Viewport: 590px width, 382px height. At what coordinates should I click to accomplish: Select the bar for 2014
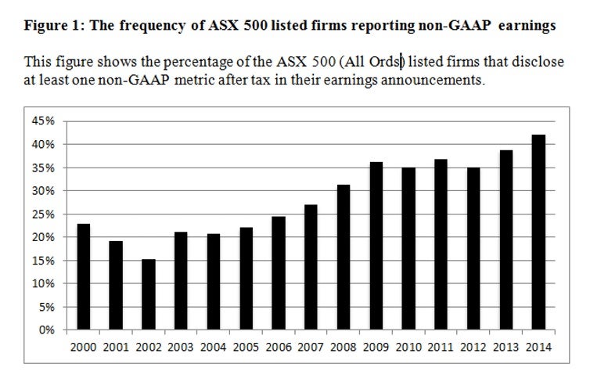pyautogui.click(x=538, y=232)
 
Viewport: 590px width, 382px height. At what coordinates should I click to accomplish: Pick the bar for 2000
pyautogui.click(x=83, y=277)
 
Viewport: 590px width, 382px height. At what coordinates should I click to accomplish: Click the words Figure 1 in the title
pyautogui.click(x=52, y=26)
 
